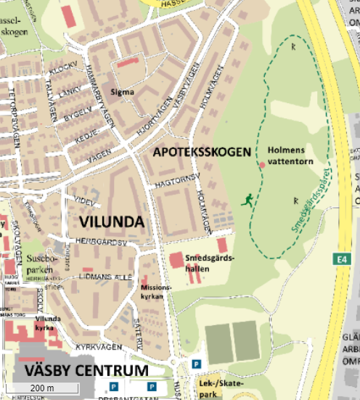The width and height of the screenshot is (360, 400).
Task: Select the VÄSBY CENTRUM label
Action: [x=86, y=370]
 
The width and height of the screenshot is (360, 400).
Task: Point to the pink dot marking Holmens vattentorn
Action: [x=262, y=166]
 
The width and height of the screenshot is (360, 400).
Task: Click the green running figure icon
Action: [x=248, y=200]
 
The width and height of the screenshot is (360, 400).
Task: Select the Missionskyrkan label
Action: [x=156, y=291]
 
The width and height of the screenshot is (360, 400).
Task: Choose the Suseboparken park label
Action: [x=39, y=263]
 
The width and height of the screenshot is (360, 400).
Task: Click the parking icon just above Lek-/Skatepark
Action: [x=195, y=364]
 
